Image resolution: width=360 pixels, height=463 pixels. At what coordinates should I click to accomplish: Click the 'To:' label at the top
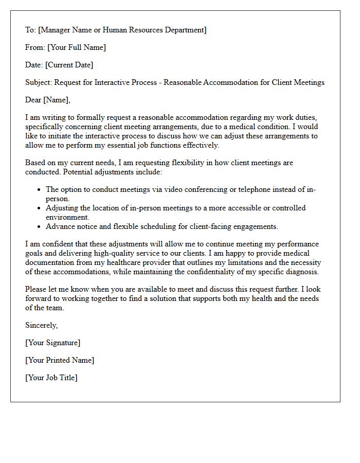click(31, 30)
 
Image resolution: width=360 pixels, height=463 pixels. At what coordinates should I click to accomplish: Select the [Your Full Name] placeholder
click(77, 47)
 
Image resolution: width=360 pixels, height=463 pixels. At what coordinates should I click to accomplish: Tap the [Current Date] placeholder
click(69, 65)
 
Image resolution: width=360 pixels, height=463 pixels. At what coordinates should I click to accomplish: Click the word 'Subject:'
click(39, 82)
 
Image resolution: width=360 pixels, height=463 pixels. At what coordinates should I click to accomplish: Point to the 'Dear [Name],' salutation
click(48, 100)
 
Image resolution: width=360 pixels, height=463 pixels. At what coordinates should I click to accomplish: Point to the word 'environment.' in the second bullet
click(67, 217)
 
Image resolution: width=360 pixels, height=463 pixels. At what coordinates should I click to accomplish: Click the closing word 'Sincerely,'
click(42, 325)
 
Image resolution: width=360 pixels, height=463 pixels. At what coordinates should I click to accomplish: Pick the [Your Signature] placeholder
click(53, 343)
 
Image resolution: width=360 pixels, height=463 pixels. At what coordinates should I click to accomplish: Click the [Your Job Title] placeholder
click(51, 378)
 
